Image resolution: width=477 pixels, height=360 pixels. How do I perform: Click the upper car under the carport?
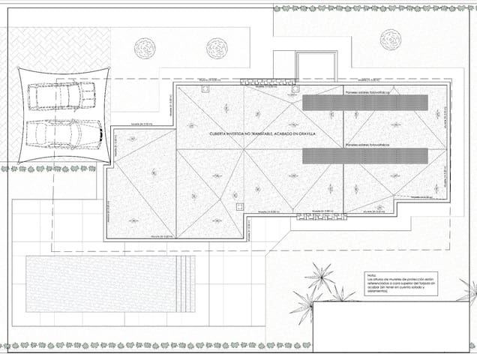pos(62,97)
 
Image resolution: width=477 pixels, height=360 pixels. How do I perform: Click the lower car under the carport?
pos(64,133)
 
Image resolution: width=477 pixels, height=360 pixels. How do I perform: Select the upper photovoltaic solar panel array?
pos(364,103)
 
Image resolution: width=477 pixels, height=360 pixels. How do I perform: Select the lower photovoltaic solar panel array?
pos(364,156)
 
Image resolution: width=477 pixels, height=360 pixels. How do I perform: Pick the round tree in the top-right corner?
pos(391,40)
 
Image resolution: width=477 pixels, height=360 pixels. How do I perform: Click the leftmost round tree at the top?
pos(145,49)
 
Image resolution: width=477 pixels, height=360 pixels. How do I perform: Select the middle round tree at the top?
pos(217,49)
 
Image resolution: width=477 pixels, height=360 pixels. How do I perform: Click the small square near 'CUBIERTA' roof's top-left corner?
pos(204,86)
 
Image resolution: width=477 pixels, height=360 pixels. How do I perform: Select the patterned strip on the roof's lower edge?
pos(320,217)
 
